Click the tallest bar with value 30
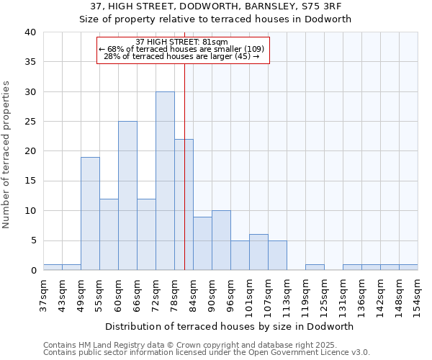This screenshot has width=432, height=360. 165,181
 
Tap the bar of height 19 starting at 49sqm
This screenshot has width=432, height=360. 90,213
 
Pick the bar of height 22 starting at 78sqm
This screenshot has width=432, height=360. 184,204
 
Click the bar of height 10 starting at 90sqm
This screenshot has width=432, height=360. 221,240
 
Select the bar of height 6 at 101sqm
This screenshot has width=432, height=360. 258,252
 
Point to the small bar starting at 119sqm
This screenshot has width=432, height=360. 315,267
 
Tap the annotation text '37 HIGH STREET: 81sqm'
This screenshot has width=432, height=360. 182,42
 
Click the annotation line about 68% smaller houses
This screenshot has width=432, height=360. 182,49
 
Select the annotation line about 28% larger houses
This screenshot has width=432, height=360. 182,56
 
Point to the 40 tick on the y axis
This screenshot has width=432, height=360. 30,32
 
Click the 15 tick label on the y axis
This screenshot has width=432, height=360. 30,181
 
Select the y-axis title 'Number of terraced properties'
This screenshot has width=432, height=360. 6,154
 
